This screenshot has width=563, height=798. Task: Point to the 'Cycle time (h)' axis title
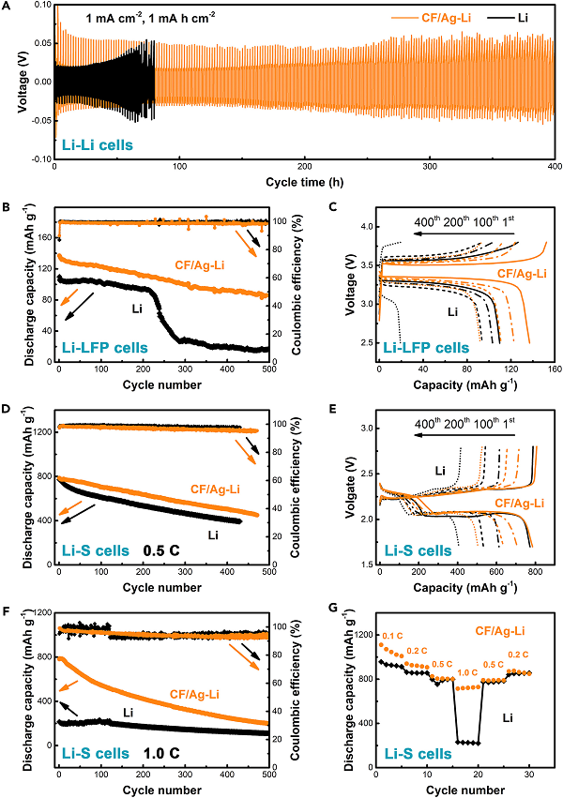pyautogui.click(x=305, y=180)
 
